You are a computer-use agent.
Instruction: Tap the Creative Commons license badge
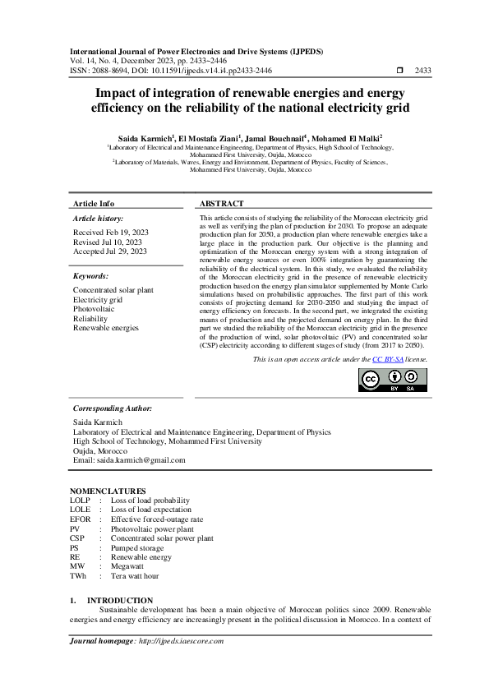click(x=393, y=379)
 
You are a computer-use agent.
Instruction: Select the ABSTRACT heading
click(x=222, y=204)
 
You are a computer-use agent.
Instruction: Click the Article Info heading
click(x=94, y=204)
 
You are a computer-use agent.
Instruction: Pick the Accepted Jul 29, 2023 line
click(x=109, y=251)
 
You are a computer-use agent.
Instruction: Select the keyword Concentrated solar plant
click(x=113, y=290)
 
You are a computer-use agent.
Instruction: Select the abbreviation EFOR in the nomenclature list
click(x=80, y=519)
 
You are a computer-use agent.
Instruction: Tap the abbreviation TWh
click(x=78, y=576)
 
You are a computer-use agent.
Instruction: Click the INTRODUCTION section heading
click(x=120, y=601)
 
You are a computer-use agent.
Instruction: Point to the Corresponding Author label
click(x=112, y=408)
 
